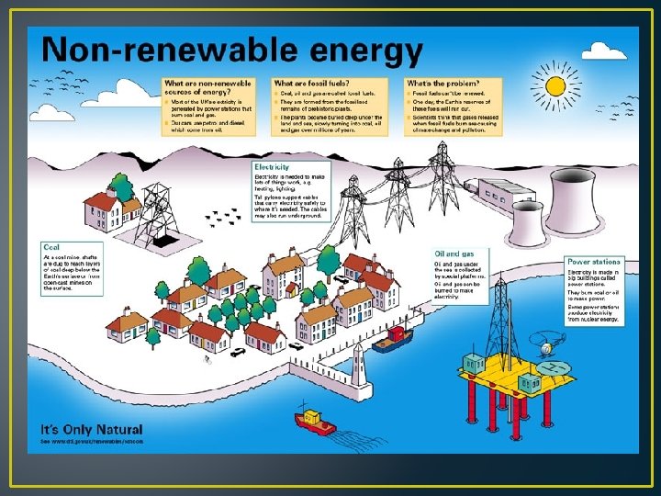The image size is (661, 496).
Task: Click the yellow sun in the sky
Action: point(555,86)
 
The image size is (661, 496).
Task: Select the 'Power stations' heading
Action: point(593,263)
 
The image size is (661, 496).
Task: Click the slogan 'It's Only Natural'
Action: point(91,429)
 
